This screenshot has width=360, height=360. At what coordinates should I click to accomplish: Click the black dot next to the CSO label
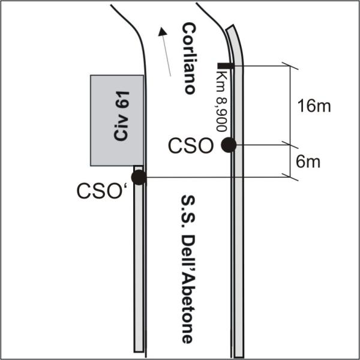pos(229,145)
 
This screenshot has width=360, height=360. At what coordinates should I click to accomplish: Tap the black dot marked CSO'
pos(139,178)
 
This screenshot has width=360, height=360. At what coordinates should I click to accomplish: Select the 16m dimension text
pos(314,106)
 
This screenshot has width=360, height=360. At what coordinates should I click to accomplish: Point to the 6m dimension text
pos(308,161)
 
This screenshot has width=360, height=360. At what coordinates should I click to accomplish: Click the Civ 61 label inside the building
pos(121,116)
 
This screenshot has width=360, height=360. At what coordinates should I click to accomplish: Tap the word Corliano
pos(190,58)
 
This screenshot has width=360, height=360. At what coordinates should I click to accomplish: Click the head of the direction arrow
pos(163,32)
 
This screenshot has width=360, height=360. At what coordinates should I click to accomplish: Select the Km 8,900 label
pos(221,101)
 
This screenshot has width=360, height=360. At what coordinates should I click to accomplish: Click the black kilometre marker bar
pos(226,65)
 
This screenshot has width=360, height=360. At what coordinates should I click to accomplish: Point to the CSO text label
pos(191,146)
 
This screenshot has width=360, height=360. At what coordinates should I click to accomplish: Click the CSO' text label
pos(103,191)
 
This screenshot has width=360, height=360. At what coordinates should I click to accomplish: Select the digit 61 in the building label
pos(122,100)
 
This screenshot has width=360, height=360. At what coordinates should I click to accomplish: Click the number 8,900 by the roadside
pos(221,115)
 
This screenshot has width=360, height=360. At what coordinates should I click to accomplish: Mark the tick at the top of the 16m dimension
pos(290,66)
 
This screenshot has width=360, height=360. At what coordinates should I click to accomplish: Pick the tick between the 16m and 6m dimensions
pos(290,145)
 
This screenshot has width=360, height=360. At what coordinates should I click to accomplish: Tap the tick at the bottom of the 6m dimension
pos(290,177)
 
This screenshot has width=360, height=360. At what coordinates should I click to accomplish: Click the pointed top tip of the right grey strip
pos(233,25)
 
